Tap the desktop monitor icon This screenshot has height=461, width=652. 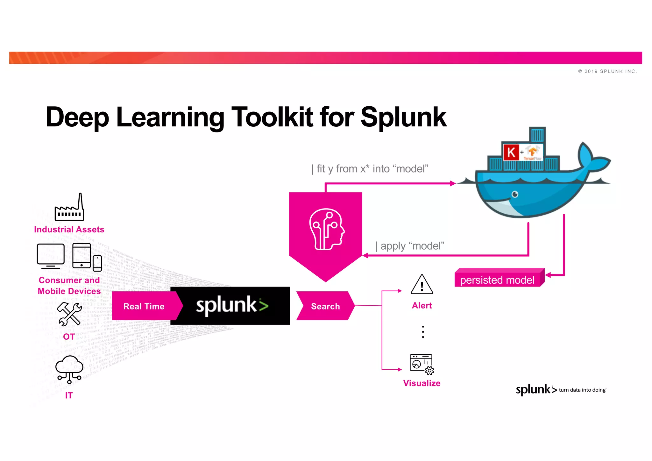[51, 256]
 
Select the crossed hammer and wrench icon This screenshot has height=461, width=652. [69, 314]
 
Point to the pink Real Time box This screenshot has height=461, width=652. [144, 306]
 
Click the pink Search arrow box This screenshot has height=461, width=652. [325, 306]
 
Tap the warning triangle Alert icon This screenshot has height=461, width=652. [422, 285]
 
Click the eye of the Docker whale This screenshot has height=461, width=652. [515, 194]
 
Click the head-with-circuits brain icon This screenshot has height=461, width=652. [326, 229]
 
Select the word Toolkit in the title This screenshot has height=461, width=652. [273, 117]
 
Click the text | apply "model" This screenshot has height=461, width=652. [409, 246]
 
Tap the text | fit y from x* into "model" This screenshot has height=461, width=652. [370, 169]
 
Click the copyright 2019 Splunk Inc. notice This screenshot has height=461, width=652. [607, 71]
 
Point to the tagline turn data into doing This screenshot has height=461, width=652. [582, 390]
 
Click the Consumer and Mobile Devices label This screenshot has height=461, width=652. [69, 286]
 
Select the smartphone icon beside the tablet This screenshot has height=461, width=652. [97, 263]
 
